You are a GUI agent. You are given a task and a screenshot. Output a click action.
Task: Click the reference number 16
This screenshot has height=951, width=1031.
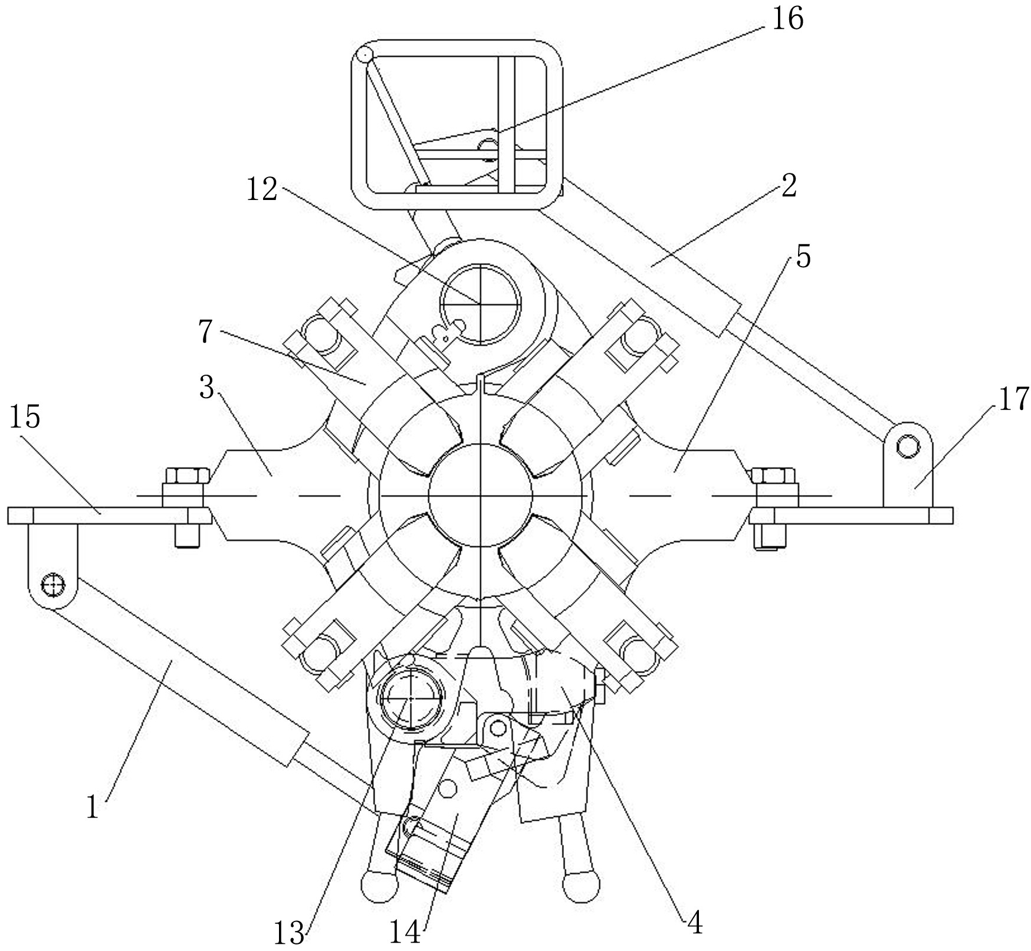click(787, 19)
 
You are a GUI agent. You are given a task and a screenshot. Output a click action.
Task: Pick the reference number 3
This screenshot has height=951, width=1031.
click(206, 388)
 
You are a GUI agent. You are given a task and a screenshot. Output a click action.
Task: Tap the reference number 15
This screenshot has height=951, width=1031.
click(24, 417)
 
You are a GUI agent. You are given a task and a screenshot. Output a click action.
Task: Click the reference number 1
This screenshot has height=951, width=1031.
click(92, 807)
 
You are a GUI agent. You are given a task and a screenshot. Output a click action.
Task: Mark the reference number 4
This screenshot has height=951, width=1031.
click(695, 924)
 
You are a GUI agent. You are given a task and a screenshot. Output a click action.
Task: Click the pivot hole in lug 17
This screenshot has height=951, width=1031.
click(907, 447)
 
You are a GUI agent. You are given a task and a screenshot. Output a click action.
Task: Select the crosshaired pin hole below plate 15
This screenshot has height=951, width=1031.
click(52, 585)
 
